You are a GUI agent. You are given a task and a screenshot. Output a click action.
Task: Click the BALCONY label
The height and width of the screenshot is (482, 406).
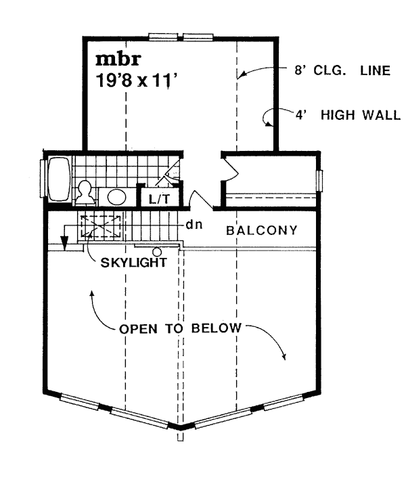coord(262,230)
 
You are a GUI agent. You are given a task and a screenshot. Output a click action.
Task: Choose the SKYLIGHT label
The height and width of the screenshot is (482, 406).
coord(133,261)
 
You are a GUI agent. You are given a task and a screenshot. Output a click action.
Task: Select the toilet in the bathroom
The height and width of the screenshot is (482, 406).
coord(86,192)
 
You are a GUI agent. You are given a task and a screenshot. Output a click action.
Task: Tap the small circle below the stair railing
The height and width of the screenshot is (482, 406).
coord(157,252)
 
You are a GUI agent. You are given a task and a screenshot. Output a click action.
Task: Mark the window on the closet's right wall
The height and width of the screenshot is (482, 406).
coord(319,181)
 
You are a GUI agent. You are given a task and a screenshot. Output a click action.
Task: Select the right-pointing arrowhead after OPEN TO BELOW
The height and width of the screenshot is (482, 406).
coord(286,357)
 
